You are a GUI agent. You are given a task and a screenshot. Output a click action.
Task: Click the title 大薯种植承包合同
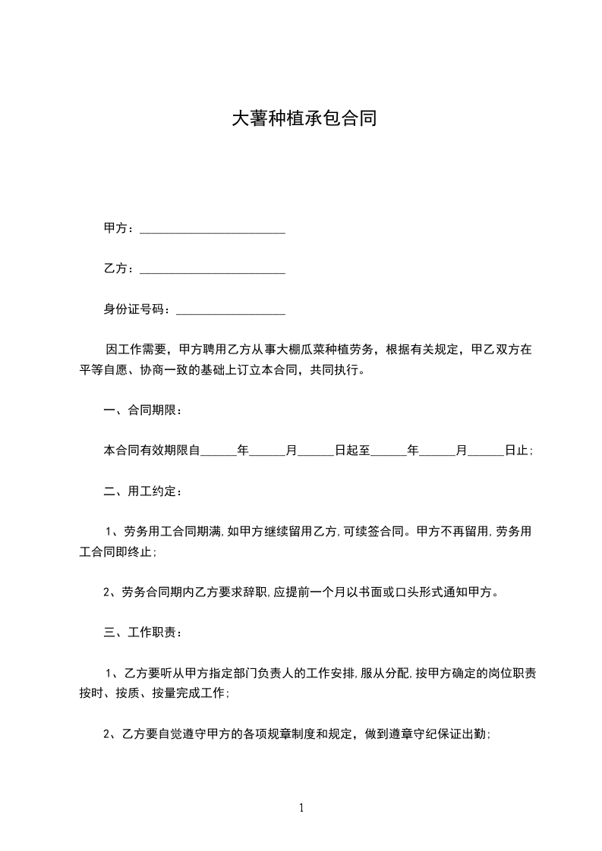pos(304,119)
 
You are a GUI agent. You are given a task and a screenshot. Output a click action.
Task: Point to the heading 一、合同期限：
pos(142,410)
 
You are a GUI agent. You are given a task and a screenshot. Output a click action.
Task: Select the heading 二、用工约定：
pos(142,491)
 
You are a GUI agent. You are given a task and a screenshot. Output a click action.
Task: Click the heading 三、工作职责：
pos(142,632)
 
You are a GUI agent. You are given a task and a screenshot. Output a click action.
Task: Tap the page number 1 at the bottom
pos(301,808)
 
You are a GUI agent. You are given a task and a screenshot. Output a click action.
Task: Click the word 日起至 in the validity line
pos(352,451)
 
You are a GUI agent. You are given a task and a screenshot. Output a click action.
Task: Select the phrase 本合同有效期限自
pos(151,451)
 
